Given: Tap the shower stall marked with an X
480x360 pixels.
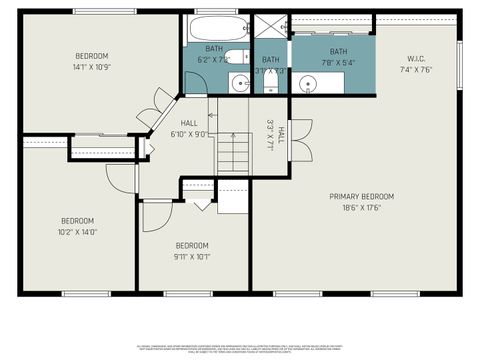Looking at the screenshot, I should [270, 27].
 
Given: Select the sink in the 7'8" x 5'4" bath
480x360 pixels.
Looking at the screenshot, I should [309, 83].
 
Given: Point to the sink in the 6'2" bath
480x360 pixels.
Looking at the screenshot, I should [237, 83].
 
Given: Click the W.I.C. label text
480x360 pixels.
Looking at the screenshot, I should [417, 58].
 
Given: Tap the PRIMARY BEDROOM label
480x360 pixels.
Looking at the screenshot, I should [361, 196].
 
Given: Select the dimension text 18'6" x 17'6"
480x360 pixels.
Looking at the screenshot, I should [361, 207].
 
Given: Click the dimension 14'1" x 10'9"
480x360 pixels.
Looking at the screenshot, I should [92, 67].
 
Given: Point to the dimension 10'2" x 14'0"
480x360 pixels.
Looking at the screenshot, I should [77, 232].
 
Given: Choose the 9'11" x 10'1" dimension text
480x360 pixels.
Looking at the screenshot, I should [192, 256].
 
